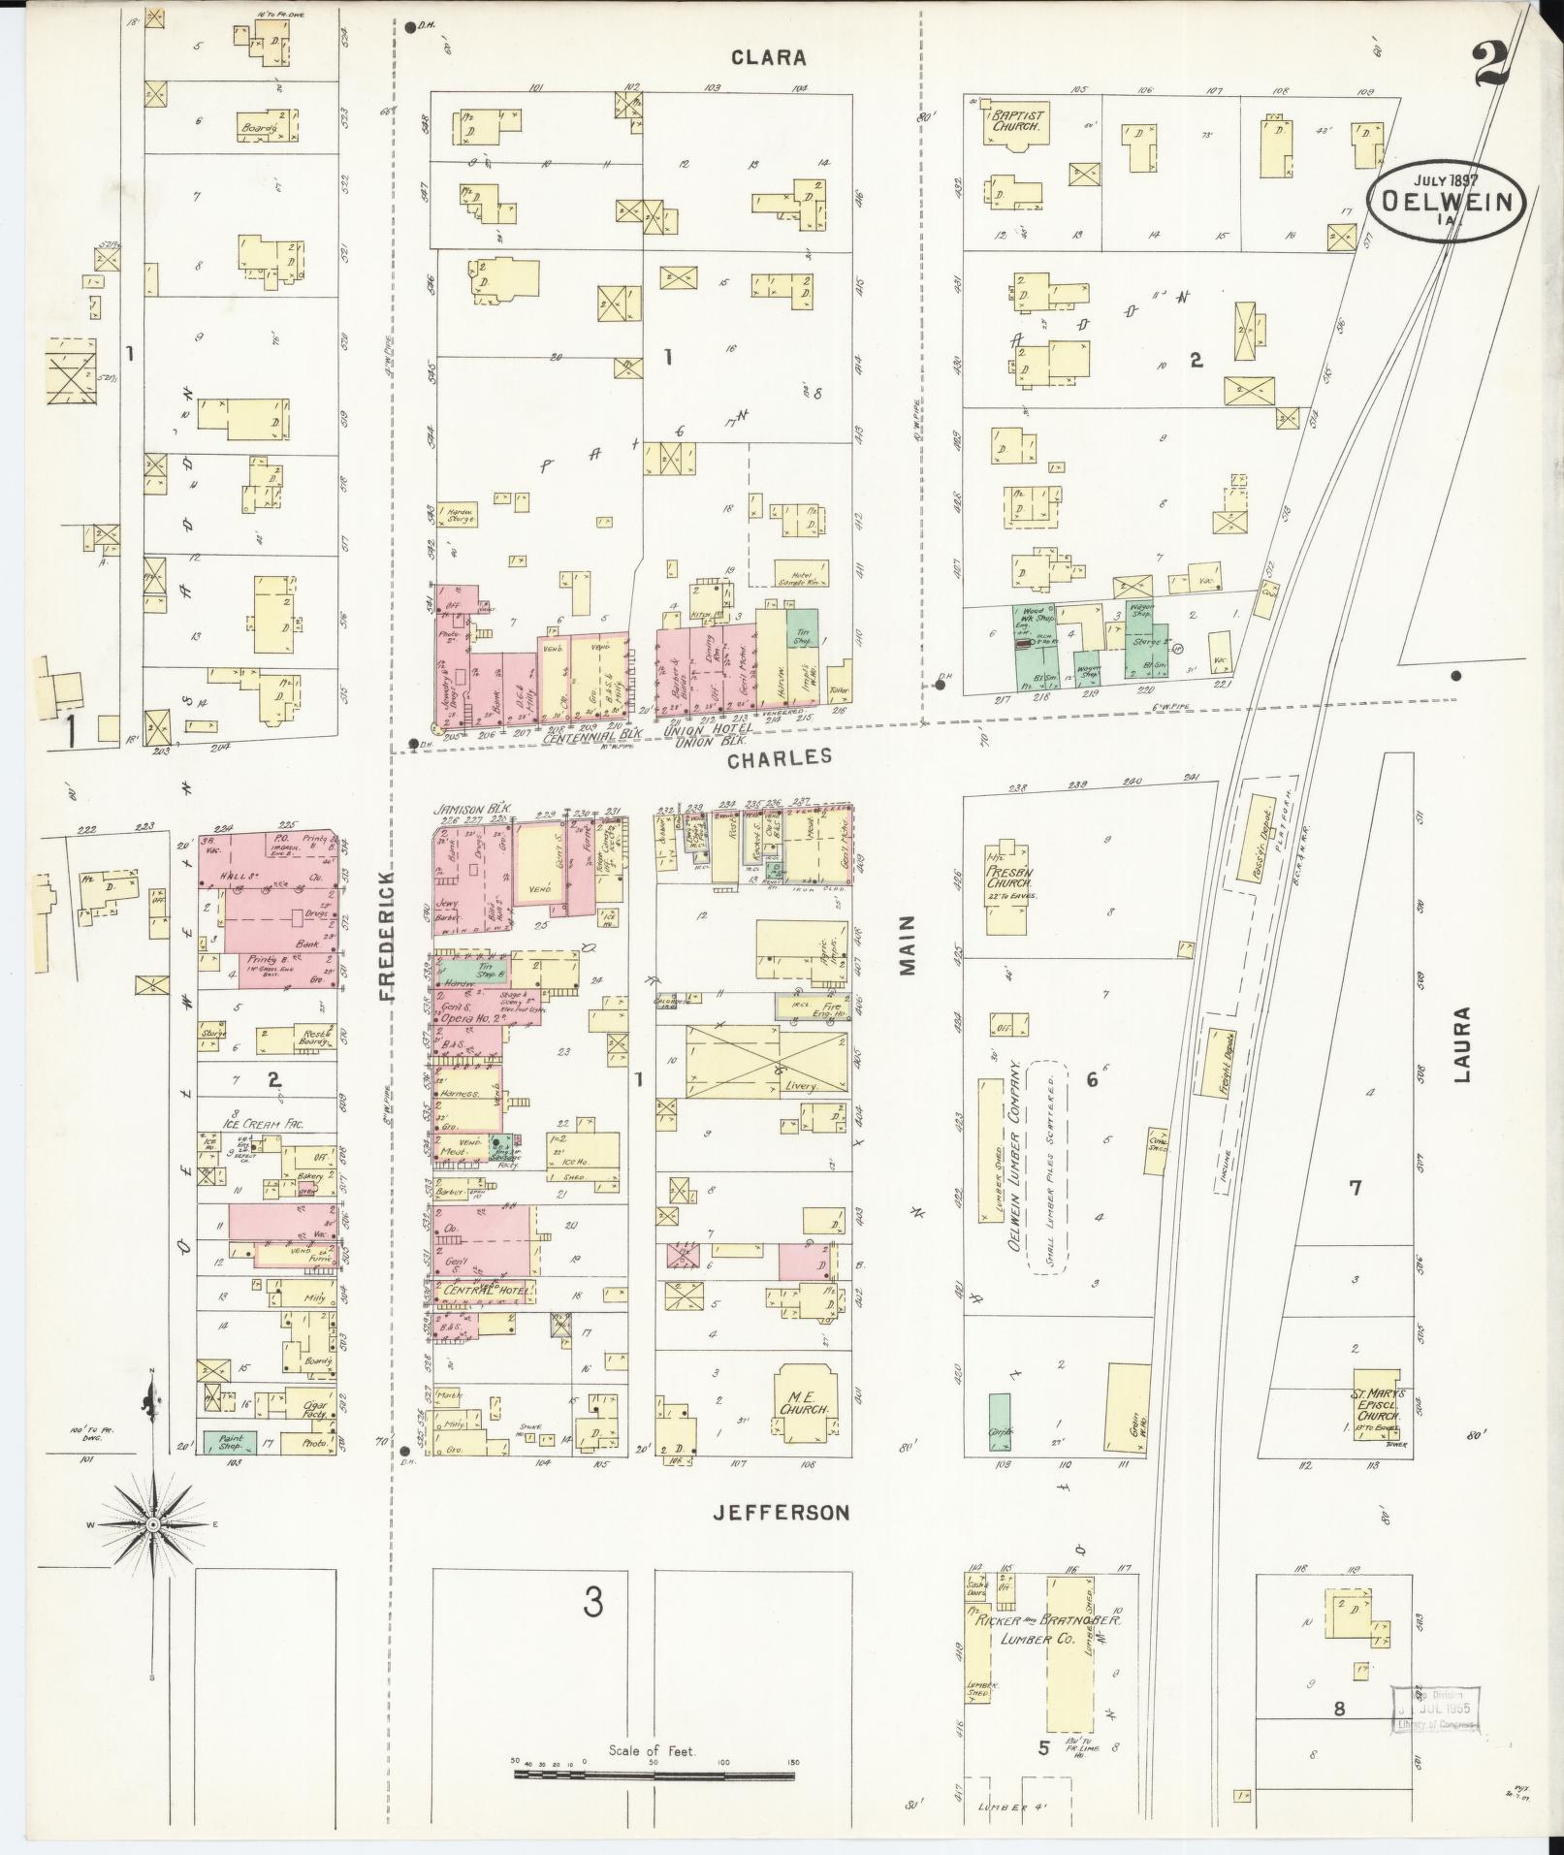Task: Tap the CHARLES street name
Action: point(781,756)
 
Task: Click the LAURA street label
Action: point(1463,1044)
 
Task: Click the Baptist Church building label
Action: point(1016,121)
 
